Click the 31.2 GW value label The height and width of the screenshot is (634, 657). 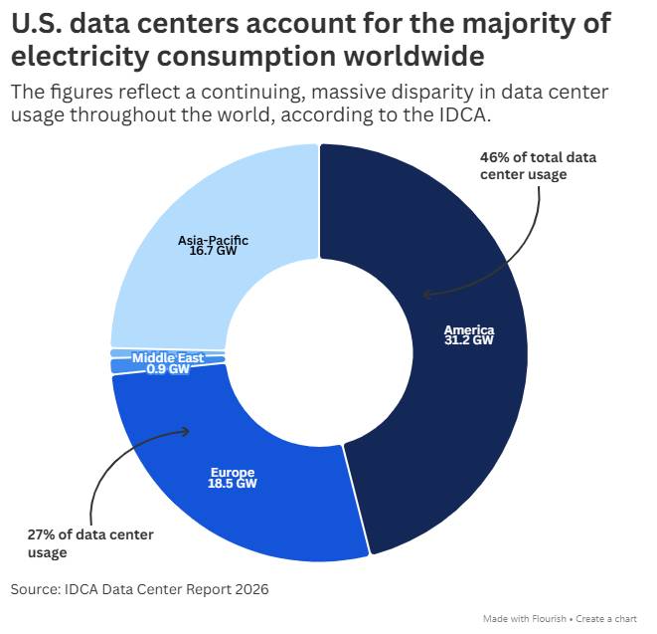click(x=469, y=339)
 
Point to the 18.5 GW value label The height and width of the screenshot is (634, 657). click(x=233, y=484)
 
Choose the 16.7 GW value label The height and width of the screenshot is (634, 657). click(x=213, y=251)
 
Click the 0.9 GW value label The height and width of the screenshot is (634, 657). click(x=168, y=369)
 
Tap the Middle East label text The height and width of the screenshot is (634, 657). click(x=168, y=358)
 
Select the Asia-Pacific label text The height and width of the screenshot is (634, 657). click(x=213, y=241)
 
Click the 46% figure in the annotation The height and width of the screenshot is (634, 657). click(x=495, y=157)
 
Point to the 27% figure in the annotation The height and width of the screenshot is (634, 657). click(x=41, y=535)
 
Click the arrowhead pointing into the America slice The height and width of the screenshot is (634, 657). click(x=425, y=295)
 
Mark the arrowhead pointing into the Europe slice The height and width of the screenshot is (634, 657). click(x=186, y=431)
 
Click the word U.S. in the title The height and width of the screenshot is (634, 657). click(x=37, y=24)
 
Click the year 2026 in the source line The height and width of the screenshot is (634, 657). click(x=251, y=589)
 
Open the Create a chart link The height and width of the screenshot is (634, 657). click(x=606, y=619)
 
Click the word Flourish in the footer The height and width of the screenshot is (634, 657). click(x=549, y=619)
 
